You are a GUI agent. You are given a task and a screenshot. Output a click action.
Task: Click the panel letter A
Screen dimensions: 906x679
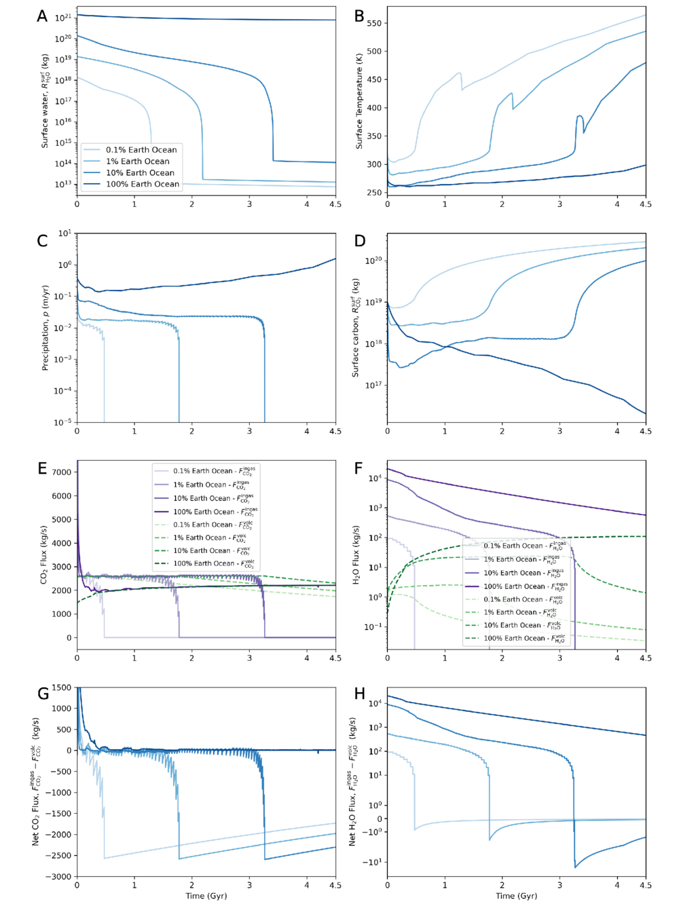pos(42,16)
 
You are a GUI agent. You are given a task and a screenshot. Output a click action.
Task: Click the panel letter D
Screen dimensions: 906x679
pos(360,241)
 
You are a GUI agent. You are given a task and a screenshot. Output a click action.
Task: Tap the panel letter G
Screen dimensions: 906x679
pos(43,694)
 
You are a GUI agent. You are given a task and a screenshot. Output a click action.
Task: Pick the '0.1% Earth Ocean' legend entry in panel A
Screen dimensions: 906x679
pos(141,150)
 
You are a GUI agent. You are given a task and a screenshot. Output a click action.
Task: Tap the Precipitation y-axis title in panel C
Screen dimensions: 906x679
pos(45,327)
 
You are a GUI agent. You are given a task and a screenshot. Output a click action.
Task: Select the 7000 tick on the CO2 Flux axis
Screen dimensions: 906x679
pos(61,472)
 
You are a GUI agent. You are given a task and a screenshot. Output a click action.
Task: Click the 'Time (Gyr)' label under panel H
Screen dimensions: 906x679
pos(517,896)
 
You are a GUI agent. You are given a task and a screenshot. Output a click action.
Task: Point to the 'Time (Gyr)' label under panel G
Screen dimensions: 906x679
pos(206,896)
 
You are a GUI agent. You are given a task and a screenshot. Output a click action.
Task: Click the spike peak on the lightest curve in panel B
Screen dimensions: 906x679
pos(460,73)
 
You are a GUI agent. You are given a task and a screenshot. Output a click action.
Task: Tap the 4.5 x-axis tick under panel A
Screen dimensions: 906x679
pos(335,204)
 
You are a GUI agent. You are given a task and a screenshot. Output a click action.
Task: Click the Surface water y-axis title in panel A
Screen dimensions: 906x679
pos(45,102)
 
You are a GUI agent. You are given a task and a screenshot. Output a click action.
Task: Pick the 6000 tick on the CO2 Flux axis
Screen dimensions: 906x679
pos(61,496)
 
